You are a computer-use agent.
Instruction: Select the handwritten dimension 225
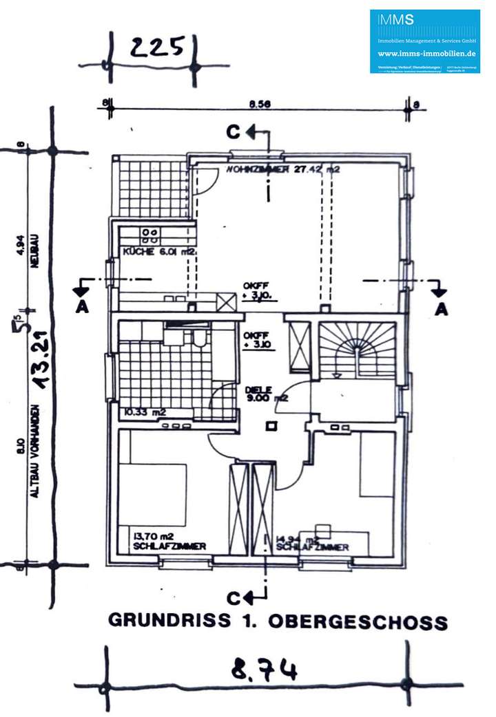[158, 47]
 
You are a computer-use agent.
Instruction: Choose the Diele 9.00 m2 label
[265, 394]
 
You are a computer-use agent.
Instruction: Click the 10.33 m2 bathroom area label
[144, 413]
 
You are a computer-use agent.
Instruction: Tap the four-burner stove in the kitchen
[149, 236]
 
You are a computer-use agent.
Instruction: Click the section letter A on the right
[441, 310]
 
